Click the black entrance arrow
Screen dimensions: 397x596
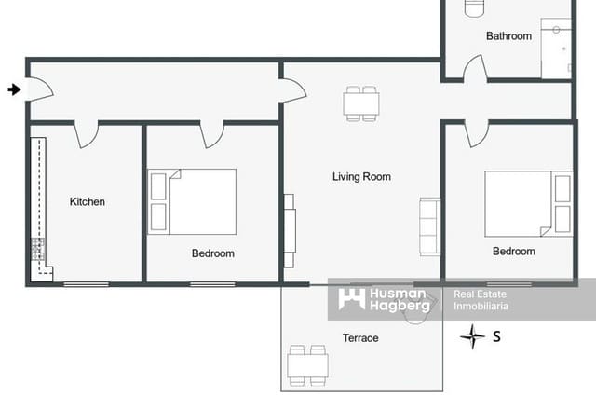click(13, 89)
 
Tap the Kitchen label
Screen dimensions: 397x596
click(88, 201)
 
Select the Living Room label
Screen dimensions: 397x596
click(361, 176)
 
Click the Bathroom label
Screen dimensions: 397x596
click(508, 36)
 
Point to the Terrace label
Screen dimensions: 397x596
click(360, 337)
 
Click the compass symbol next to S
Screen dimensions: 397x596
click(473, 336)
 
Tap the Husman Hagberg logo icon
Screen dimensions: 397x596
click(351, 299)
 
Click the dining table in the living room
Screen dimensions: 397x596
click(361, 103)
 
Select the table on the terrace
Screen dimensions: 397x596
click(307, 363)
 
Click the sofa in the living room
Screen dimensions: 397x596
click(430, 226)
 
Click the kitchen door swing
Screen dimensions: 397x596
click(87, 135)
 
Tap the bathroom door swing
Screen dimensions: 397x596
click(474, 70)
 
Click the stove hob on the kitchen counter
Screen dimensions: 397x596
click(37, 251)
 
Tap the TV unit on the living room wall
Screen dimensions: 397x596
click(290, 225)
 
